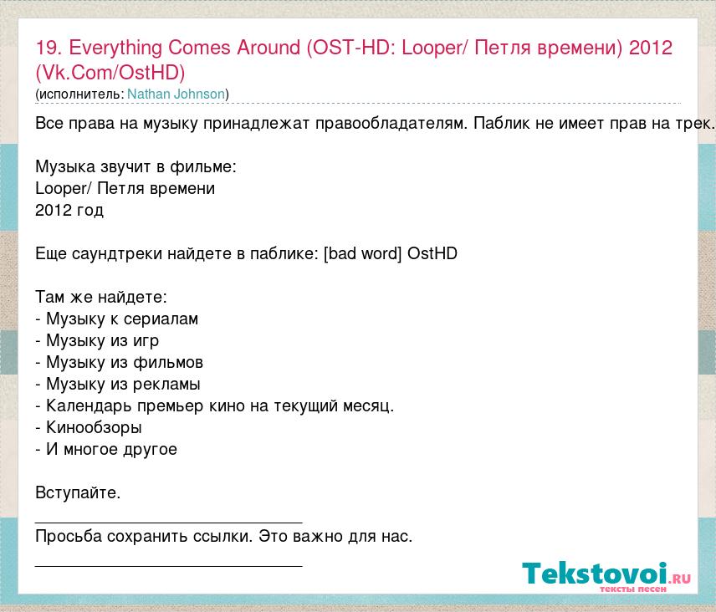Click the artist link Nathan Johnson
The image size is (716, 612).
pyautogui.click(x=176, y=94)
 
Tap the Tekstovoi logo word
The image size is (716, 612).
pyautogui.click(x=595, y=573)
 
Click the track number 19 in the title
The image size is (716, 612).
pyautogui.click(x=46, y=48)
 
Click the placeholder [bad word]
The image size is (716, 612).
pyautogui.click(x=362, y=253)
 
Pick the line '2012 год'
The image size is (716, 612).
pyautogui.click(x=69, y=211)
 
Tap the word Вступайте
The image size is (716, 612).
pyautogui.click(x=78, y=493)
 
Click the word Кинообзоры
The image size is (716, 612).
pyautogui.click(x=94, y=428)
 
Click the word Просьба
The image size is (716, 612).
pyautogui.click(x=69, y=536)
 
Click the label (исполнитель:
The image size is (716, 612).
pyautogui.click(x=80, y=94)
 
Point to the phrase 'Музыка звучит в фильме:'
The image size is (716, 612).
pyautogui.click(x=136, y=167)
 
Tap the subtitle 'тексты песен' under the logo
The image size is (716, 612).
pyautogui.click(x=633, y=589)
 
